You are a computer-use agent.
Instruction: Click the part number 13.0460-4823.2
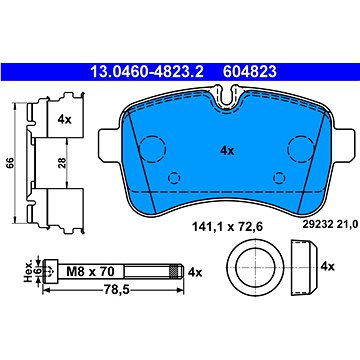pyautogui.click(x=147, y=71)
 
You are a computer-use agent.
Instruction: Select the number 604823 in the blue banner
pyautogui.click(x=250, y=71)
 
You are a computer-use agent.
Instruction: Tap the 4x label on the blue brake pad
pyautogui.click(x=227, y=151)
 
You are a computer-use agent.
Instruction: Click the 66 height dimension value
pyautogui.click(x=10, y=163)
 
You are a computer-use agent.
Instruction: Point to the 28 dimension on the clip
pyautogui.click(x=62, y=163)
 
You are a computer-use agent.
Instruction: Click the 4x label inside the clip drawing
pyautogui.click(x=64, y=119)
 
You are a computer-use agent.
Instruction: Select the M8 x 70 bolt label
pyautogui.click(x=90, y=272)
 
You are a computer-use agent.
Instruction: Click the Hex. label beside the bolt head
pyautogui.click(x=29, y=272)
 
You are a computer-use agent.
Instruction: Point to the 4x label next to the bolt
pyautogui.click(x=195, y=272)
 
